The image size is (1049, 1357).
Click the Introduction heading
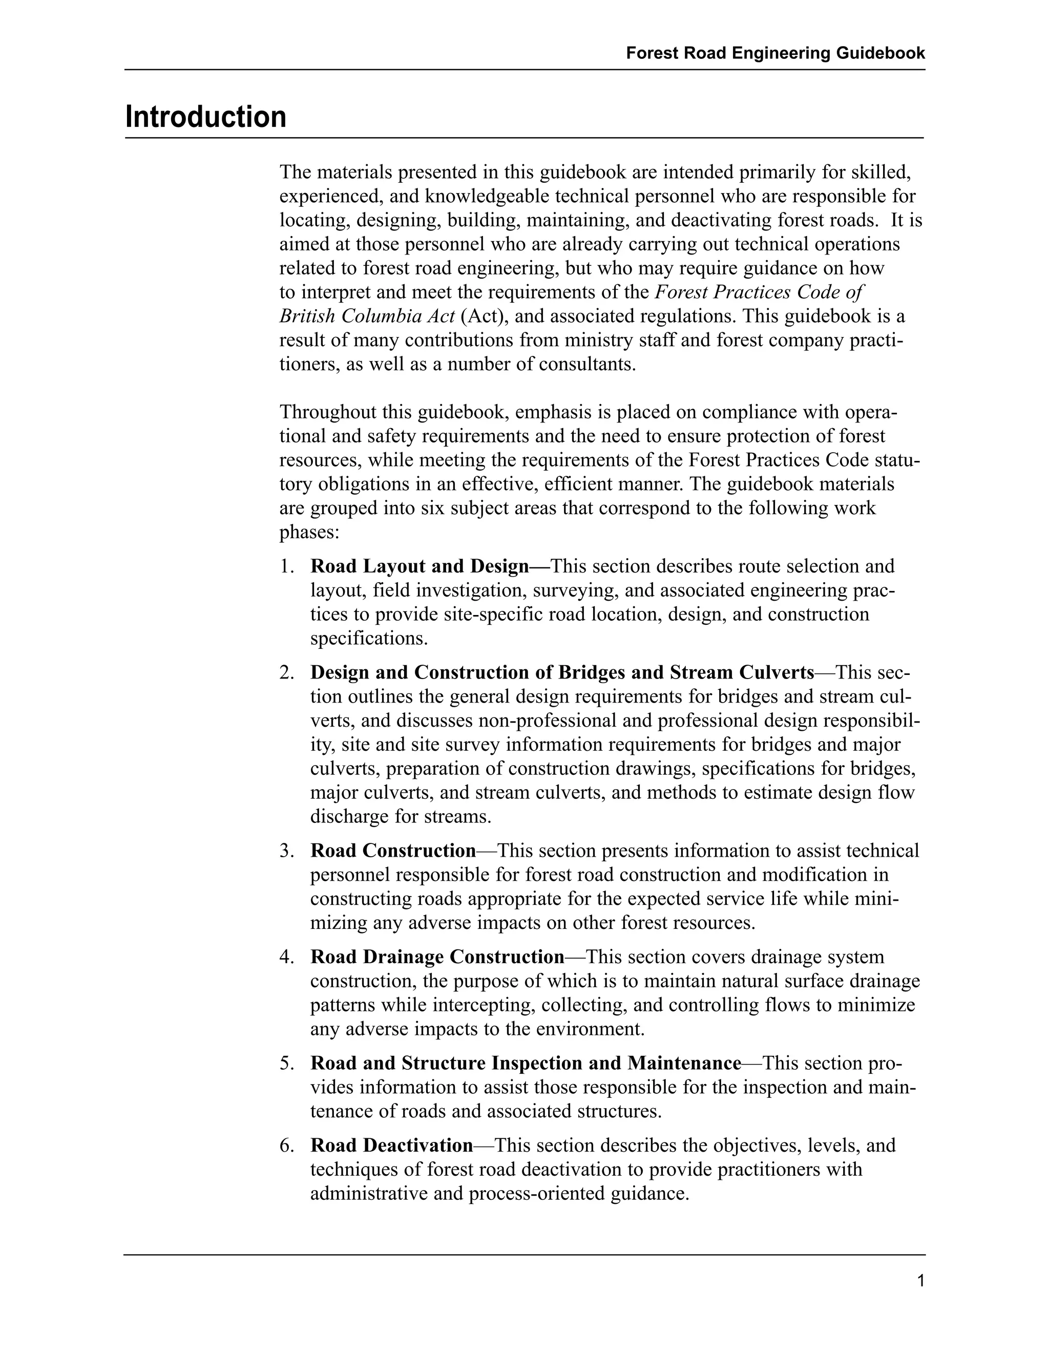point(206,117)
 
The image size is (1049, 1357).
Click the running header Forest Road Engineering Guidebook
point(775,53)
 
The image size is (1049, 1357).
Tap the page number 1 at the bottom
point(920,1281)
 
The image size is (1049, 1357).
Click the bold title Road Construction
point(393,850)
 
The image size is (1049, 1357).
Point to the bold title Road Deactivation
point(391,1144)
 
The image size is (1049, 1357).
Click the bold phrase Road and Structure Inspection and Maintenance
point(525,1063)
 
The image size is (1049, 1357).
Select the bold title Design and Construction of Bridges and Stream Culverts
point(562,672)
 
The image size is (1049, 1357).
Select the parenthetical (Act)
point(482,316)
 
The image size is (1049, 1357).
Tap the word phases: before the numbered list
point(309,533)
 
